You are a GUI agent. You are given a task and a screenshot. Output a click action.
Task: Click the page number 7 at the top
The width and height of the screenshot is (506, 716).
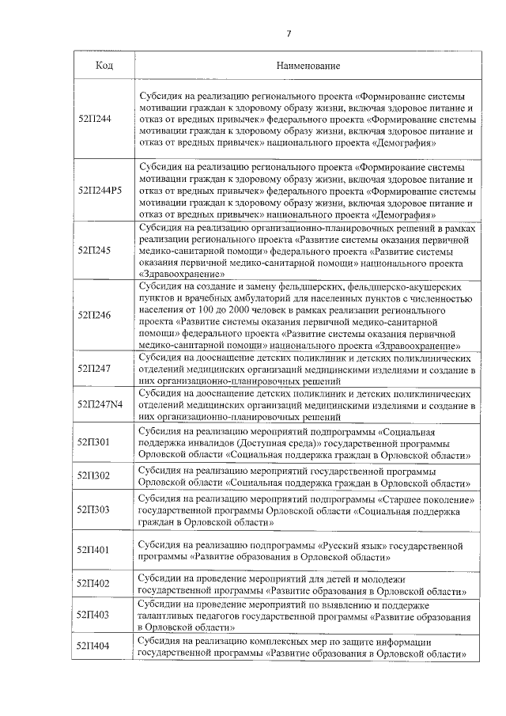point(289,32)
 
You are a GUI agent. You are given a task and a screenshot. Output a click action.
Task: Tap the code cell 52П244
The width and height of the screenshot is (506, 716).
point(94,118)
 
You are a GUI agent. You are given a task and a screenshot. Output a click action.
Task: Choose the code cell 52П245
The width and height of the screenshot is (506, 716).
point(94,250)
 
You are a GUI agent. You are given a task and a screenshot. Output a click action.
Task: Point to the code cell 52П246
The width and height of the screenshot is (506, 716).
point(94,313)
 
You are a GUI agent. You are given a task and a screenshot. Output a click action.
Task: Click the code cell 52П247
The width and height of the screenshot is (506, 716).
point(94,368)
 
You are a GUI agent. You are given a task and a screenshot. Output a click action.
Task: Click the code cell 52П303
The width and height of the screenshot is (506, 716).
point(94,510)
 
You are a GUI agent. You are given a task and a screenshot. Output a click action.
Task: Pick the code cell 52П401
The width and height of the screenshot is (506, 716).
point(94,548)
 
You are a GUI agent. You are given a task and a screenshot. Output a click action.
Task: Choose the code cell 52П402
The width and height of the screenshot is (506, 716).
point(94,583)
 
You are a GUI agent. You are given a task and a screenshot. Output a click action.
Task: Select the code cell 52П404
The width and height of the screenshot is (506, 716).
point(94,646)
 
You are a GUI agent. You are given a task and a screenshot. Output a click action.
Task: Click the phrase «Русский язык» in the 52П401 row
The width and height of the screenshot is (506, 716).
point(351,545)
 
